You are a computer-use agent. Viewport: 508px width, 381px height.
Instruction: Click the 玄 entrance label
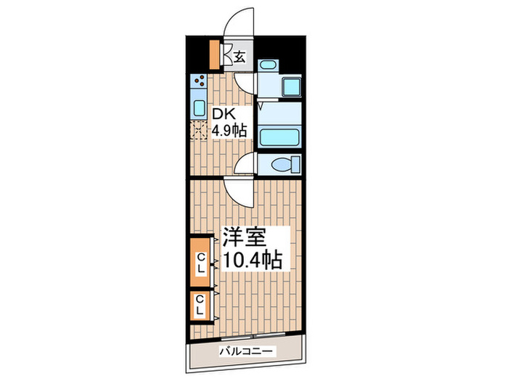(x=239, y=57)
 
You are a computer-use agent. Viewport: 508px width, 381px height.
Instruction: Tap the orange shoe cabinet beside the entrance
(x=214, y=54)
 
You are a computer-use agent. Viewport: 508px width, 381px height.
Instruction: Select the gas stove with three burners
(x=199, y=81)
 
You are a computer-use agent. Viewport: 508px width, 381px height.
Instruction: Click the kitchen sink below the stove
(x=200, y=108)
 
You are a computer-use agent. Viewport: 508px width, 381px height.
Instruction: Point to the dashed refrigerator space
(x=199, y=130)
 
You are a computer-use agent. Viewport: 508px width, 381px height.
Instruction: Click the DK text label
(x=223, y=115)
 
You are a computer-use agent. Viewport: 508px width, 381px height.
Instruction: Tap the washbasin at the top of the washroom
(x=269, y=65)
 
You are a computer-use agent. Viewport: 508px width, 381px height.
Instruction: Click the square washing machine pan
(x=291, y=86)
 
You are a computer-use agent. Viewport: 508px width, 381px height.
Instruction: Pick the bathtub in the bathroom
(x=279, y=137)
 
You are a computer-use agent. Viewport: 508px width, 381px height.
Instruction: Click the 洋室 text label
(x=244, y=237)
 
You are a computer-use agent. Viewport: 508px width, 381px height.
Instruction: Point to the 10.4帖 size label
(x=252, y=259)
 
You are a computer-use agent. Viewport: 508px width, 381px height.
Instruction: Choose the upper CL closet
(x=201, y=263)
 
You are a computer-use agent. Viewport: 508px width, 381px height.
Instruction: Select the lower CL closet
(x=200, y=306)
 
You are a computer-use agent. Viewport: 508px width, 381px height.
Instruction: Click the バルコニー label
(x=246, y=351)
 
